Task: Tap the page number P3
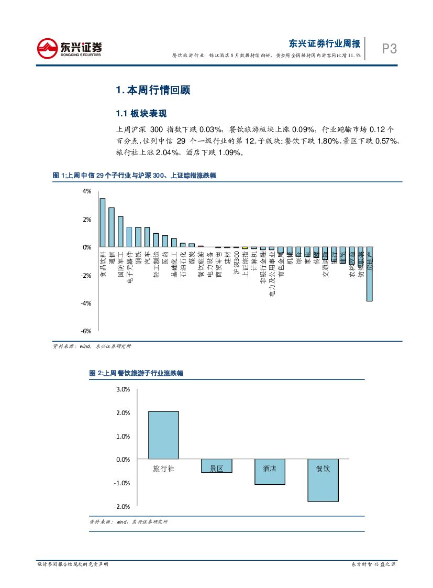(389, 49)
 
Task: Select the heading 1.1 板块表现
(141, 114)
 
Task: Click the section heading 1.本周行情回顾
(152, 90)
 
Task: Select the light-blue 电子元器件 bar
(129, 237)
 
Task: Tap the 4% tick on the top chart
(87, 192)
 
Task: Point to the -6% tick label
(86, 331)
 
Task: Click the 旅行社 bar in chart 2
(163, 435)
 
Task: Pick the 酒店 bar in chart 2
(270, 472)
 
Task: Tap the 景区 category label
(216, 469)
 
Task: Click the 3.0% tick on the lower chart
(123, 389)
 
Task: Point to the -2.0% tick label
(121, 506)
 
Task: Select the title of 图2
(136, 373)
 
